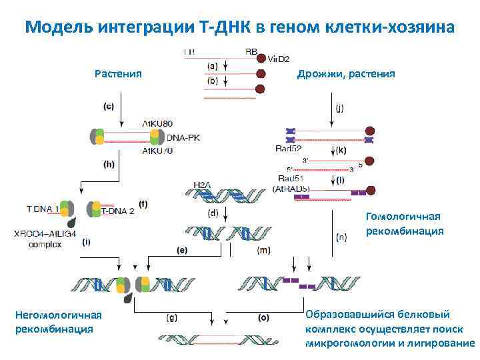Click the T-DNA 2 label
point(117,211)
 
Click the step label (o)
point(263,318)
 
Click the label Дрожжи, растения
point(345,75)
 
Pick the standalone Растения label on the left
point(118,74)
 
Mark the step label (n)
point(340,235)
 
